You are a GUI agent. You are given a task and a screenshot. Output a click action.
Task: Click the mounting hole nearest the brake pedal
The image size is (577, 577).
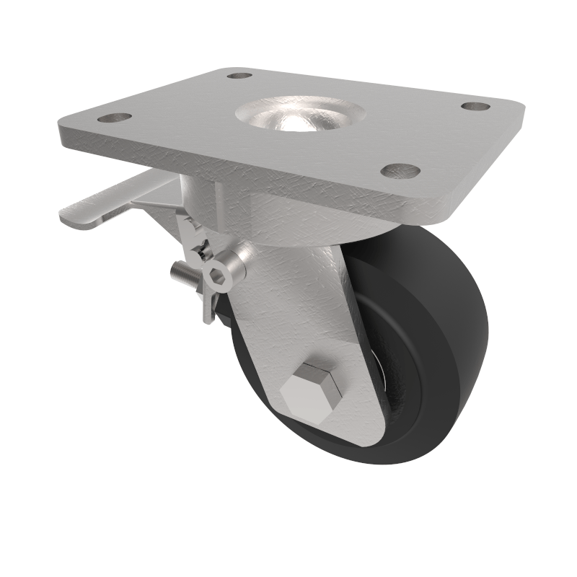tap(114, 118)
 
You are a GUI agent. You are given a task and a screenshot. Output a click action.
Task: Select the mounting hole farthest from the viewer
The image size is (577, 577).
tap(239, 75)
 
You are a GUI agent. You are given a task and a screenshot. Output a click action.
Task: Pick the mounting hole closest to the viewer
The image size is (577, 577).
tap(400, 171)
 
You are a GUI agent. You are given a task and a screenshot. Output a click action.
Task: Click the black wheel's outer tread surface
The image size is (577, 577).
tap(462, 325)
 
